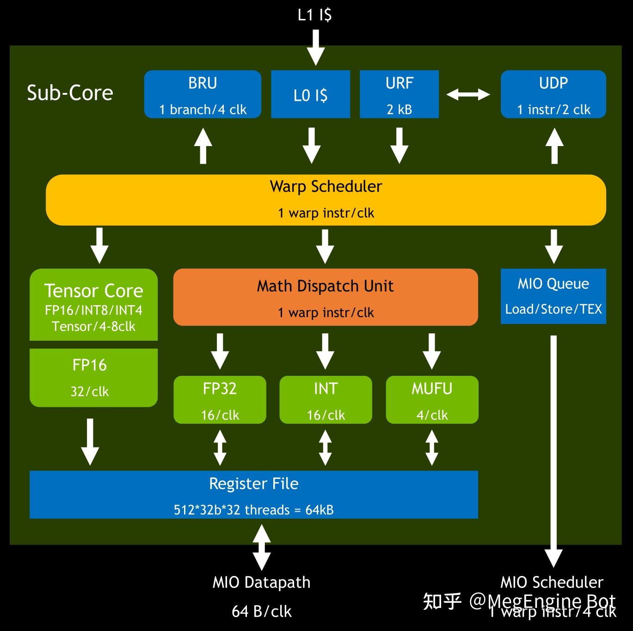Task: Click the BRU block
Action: pyautogui.click(x=203, y=94)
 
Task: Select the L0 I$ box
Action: pyautogui.click(x=310, y=94)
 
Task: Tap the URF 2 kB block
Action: pyautogui.click(x=399, y=94)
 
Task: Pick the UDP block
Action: pyautogui.click(x=553, y=94)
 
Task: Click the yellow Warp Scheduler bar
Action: pyautogui.click(x=326, y=200)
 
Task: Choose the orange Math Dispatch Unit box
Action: pyautogui.click(x=326, y=298)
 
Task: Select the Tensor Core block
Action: pyautogui.click(x=93, y=305)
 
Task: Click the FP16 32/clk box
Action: pyautogui.click(x=93, y=378)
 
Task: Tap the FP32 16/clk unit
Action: pyautogui.click(x=220, y=400)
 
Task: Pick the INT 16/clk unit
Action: pyautogui.click(x=326, y=400)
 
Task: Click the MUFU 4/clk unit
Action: pyautogui.click(x=432, y=400)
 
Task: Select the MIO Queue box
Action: pyautogui.click(x=553, y=296)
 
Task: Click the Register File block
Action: pyautogui.click(x=253, y=495)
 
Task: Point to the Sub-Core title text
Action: pyautogui.click(x=70, y=93)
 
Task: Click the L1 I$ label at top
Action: pyautogui.click(x=314, y=15)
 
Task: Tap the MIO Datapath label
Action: pyautogui.click(x=261, y=582)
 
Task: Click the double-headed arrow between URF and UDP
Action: pyautogui.click(x=468, y=95)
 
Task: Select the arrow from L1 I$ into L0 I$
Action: pyautogui.click(x=316, y=48)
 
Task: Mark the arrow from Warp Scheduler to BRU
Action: pyautogui.click(x=203, y=146)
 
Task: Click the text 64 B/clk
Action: pyautogui.click(x=261, y=612)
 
